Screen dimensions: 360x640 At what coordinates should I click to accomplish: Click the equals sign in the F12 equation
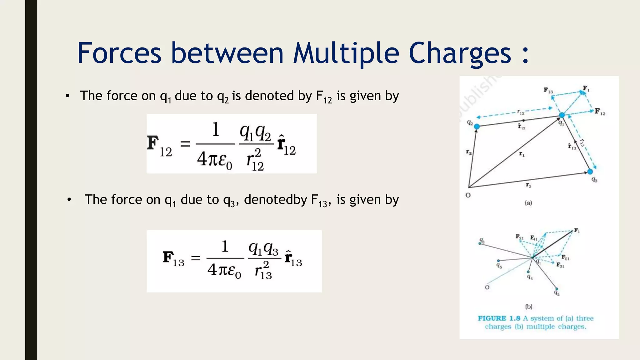point(185,144)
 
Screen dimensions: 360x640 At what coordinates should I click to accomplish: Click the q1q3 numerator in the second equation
point(263,249)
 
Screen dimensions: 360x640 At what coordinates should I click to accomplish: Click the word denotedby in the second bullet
point(275,200)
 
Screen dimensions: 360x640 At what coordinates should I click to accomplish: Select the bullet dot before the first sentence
point(67,96)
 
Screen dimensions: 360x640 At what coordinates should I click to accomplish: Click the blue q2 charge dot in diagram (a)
point(477,126)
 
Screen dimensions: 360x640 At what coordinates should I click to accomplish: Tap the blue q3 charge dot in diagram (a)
point(590,171)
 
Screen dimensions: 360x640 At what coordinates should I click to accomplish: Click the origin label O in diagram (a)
point(468,195)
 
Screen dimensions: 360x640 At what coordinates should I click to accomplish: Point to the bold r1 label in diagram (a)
point(522,154)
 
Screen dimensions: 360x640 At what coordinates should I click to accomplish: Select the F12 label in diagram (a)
point(600,112)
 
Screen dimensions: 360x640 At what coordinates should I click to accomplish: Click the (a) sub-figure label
point(528,203)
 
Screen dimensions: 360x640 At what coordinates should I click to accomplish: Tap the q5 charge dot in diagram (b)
point(498,261)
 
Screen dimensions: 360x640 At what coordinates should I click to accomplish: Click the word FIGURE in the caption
point(492,318)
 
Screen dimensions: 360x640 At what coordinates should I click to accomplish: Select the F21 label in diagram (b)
point(519,237)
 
